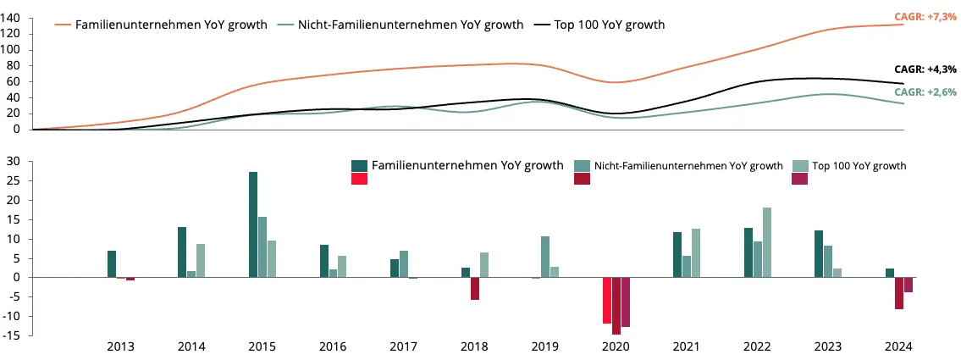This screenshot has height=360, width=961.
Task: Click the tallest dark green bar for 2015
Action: pos(253,224)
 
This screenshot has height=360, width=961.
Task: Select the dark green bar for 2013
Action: pos(112,264)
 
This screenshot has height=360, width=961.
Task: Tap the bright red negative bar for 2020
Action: pos(607,301)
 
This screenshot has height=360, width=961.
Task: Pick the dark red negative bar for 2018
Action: pos(475,289)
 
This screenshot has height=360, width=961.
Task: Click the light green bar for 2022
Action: pos(767,243)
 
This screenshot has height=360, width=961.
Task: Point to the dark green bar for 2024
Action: pos(890,273)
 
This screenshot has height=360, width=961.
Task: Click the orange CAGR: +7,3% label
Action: pos(929,17)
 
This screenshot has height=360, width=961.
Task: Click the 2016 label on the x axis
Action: pos(332,346)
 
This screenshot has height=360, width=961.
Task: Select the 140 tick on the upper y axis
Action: pos(12,18)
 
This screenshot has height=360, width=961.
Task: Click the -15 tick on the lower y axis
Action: pos(14,335)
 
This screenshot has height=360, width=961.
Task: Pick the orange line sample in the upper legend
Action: pos(64,25)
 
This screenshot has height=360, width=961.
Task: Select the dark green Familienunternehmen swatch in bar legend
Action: pos(359,165)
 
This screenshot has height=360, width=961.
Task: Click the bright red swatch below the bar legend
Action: pos(359,179)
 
